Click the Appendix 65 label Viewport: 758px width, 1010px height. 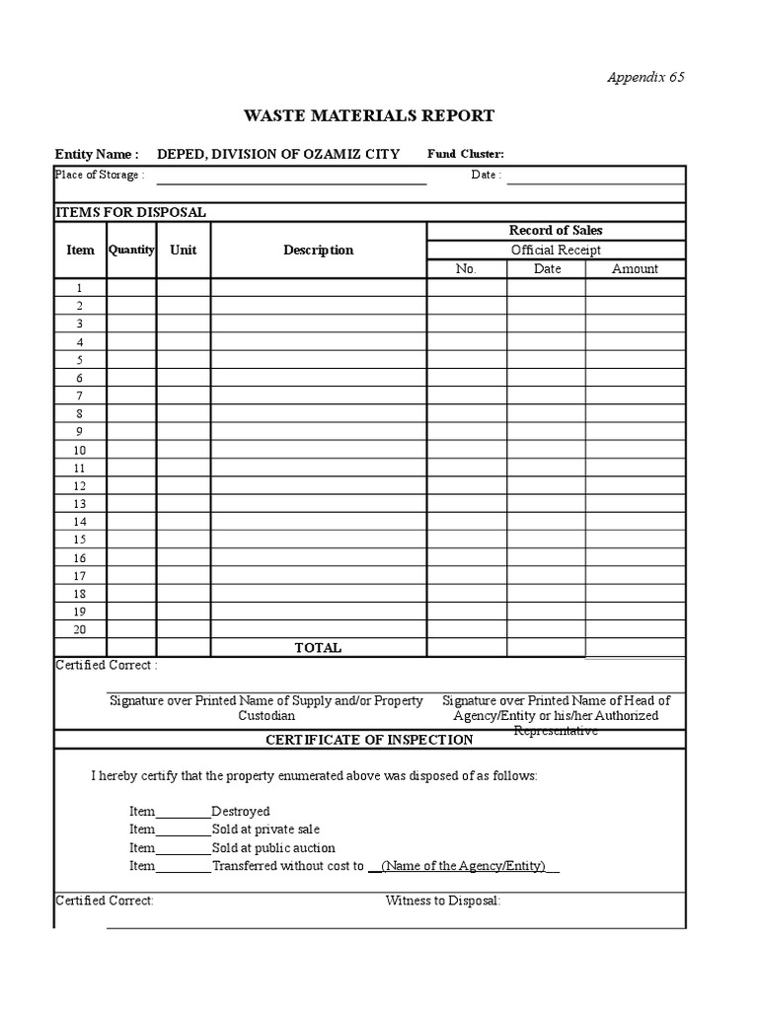tap(644, 78)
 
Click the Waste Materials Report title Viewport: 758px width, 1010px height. tap(369, 115)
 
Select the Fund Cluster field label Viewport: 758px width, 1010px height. tap(465, 154)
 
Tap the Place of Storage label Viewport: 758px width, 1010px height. tap(100, 175)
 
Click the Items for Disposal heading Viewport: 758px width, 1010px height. tap(130, 212)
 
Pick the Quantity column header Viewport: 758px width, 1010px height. tap(131, 250)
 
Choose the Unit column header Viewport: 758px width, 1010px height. tap(183, 250)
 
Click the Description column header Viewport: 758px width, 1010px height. tap(318, 250)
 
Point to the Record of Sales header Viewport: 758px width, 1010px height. tap(555, 231)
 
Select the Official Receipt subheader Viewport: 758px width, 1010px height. tap(555, 250)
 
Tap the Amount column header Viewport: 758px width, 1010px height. tap(635, 268)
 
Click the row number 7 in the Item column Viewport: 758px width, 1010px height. tap(80, 396)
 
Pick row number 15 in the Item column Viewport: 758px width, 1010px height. tap(80, 540)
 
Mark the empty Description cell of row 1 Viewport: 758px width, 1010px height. tap(318, 288)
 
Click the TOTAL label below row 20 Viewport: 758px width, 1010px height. tap(318, 648)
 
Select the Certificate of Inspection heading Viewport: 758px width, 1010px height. tap(369, 740)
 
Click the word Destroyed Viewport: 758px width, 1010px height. tap(241, 811)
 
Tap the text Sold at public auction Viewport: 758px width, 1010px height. tap(273, 847)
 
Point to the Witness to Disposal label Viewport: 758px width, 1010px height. tap(443, 901)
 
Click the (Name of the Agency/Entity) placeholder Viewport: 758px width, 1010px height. tap(463, 866)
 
